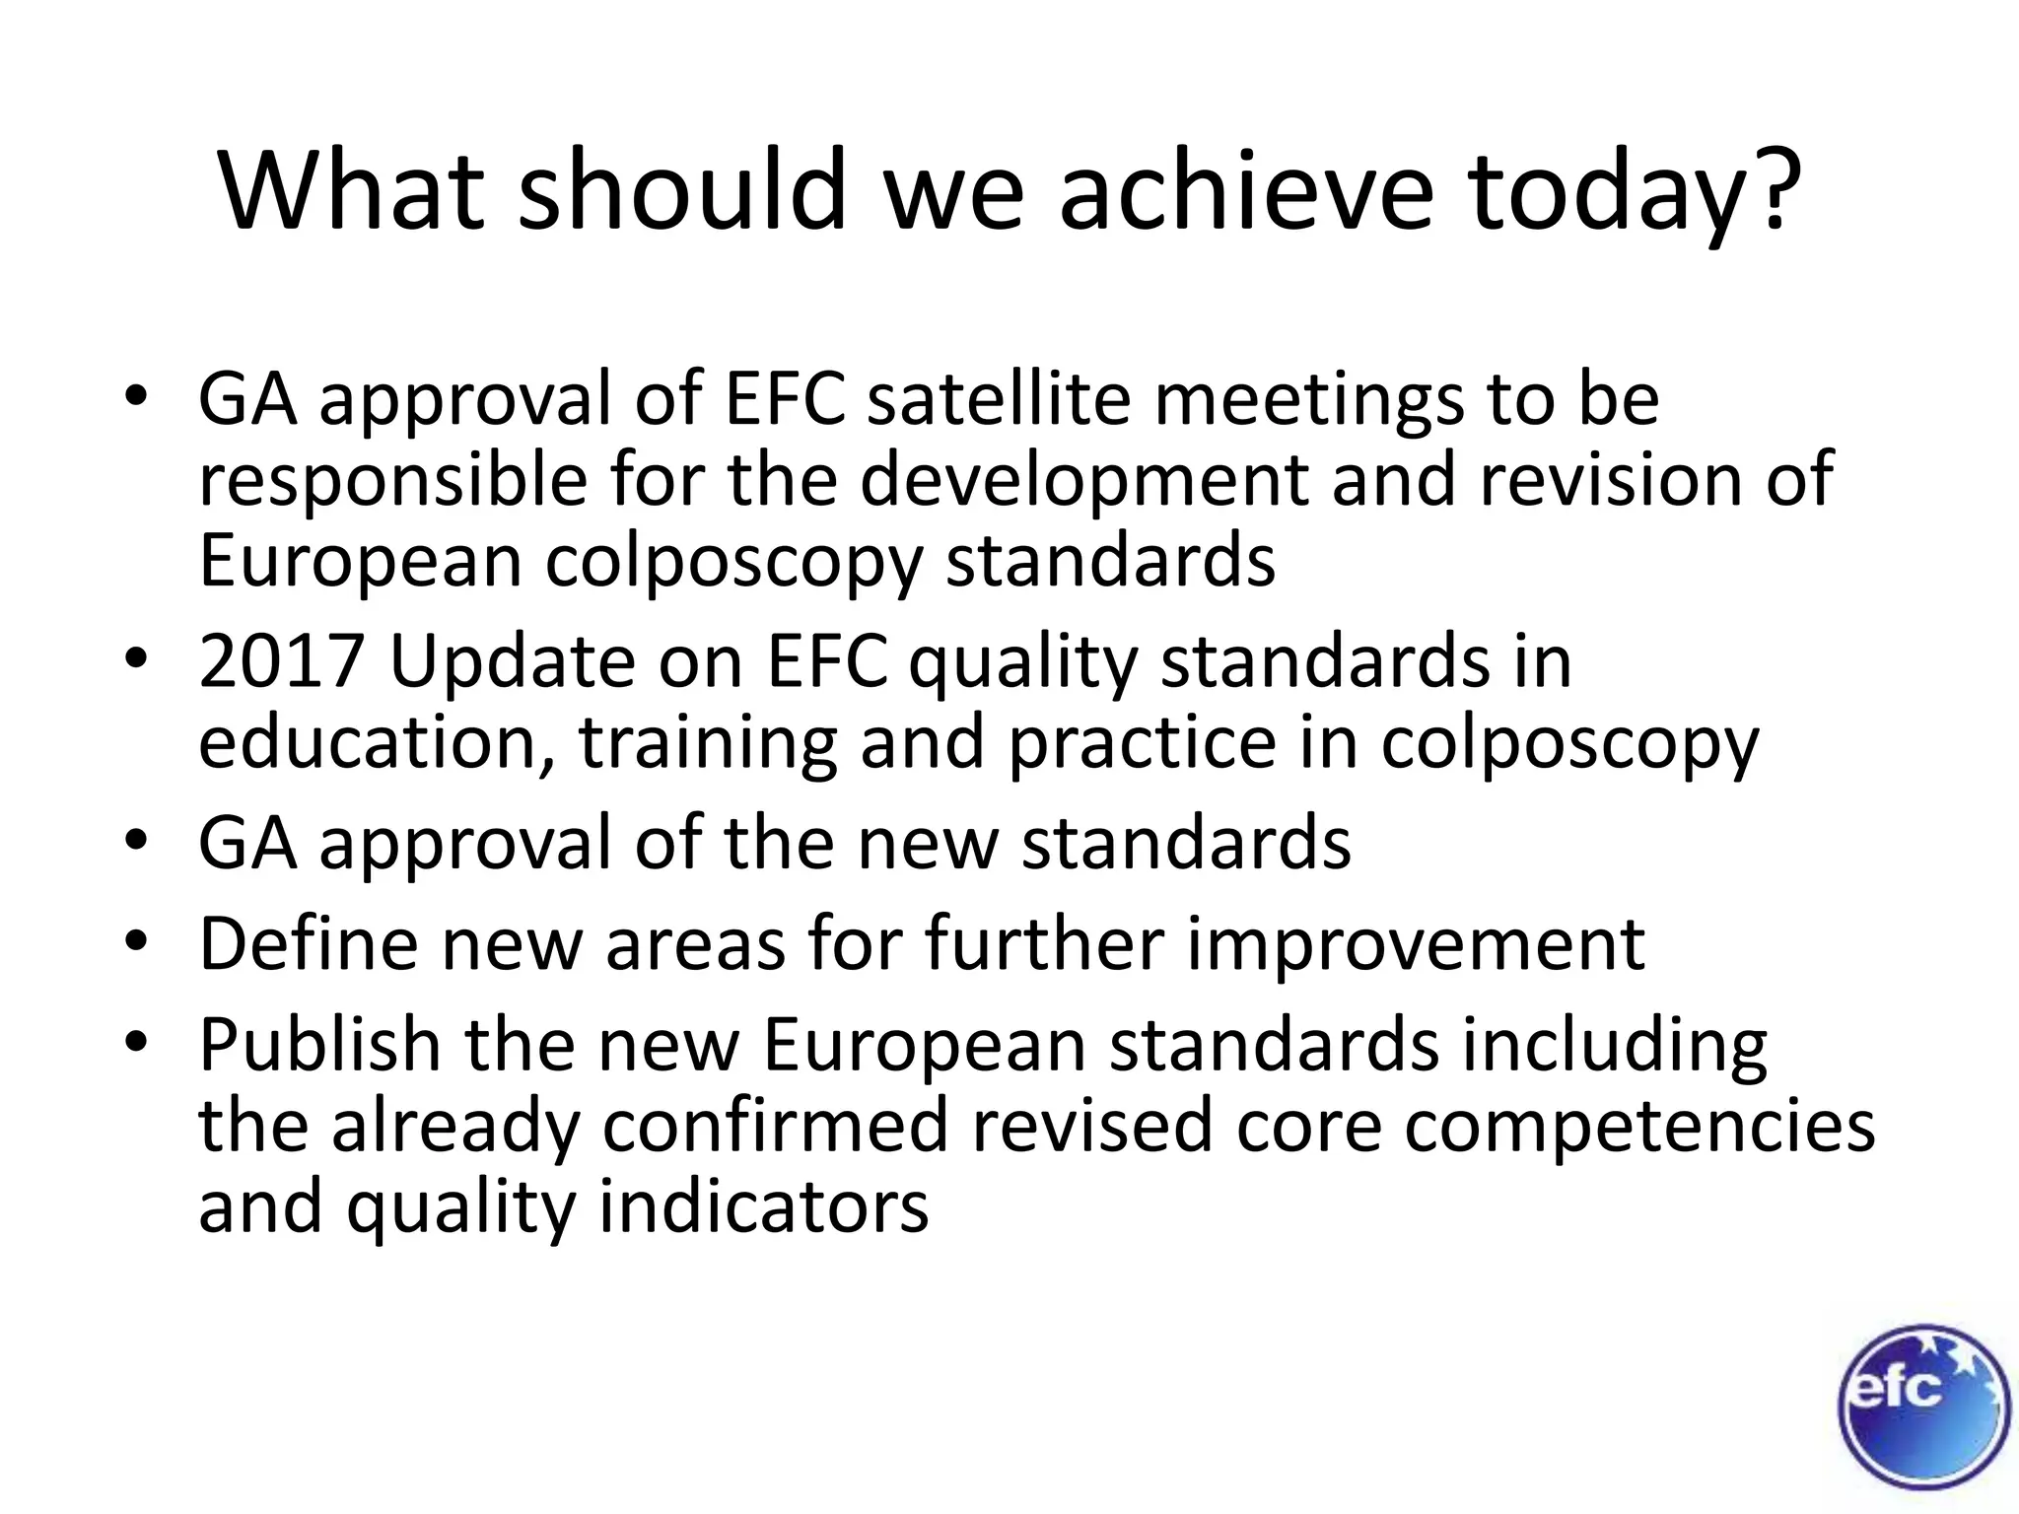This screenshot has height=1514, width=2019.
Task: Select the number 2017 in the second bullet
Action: [281, 661]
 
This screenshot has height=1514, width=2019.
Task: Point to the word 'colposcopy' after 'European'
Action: [733, 562]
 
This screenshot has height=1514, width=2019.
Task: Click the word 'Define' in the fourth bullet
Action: [308, 943]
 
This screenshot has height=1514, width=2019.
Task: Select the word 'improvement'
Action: [1415, 943]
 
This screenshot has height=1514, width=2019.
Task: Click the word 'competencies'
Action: [1638, 1126]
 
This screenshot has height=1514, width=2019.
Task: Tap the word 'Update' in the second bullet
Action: [513, 663]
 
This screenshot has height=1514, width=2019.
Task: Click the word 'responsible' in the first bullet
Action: [391, 481]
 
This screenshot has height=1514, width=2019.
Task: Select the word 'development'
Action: [1084, 481]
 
